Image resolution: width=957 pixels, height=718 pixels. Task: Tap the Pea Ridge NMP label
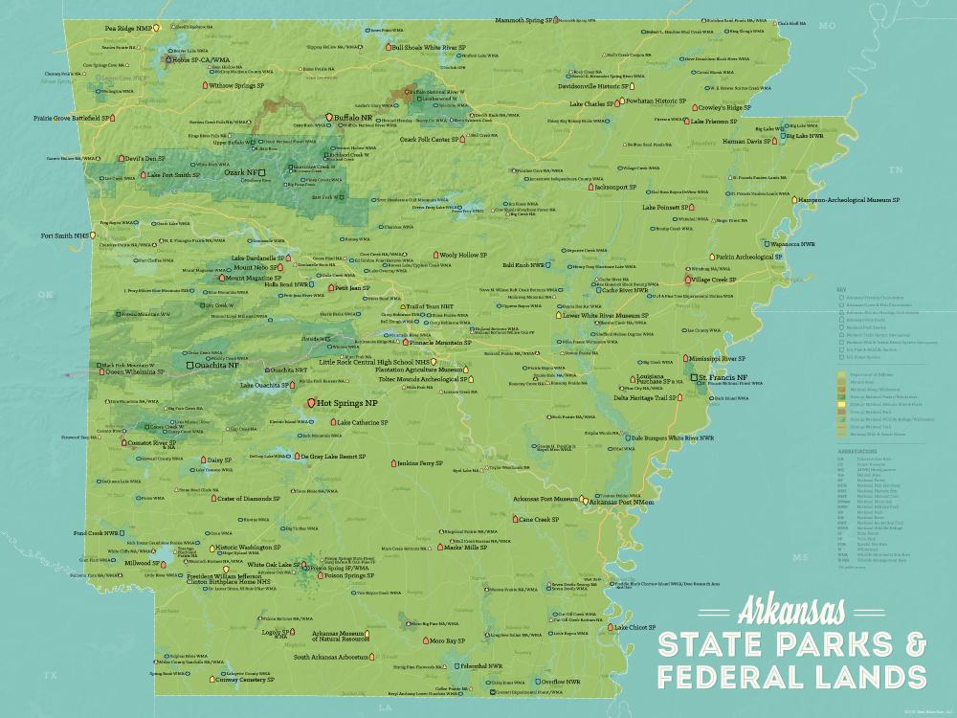(127, 29)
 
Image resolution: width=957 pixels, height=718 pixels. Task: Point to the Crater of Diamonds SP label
(249, 498)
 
